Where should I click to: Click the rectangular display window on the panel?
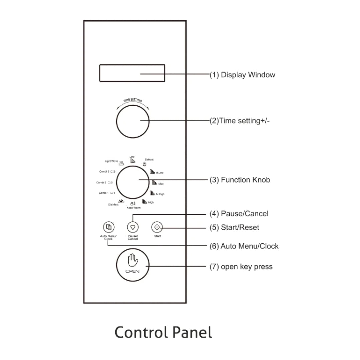coord(132,73)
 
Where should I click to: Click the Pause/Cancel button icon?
coord(133,227)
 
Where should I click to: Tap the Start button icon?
coord(157,227)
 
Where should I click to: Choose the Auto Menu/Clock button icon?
coord(108,227)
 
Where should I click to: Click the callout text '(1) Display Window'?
coord(242,75)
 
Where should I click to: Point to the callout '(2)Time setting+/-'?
coord(240,121)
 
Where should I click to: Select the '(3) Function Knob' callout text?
coord(240,180)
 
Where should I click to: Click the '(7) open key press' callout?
coord(241,267)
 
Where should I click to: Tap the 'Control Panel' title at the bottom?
coord(163,332)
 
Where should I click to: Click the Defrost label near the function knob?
coord(149,160)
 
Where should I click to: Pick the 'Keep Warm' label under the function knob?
coord(133,207)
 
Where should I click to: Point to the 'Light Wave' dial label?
coord(112,161)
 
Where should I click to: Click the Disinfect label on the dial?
coord(113,205)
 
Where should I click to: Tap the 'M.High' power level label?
coord(160,194)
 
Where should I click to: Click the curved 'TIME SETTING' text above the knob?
coord(133,101)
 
